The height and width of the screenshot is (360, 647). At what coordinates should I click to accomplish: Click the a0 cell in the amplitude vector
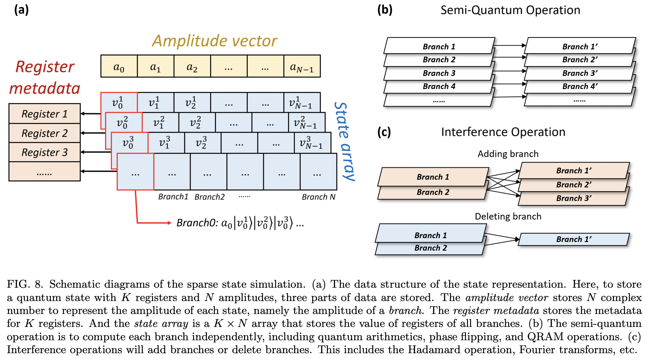119,66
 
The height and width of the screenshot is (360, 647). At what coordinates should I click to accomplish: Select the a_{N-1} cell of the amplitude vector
302,66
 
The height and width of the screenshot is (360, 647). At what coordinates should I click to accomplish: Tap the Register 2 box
45,133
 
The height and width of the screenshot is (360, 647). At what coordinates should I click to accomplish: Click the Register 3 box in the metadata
45,152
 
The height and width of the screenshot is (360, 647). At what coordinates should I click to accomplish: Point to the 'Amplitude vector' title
214,41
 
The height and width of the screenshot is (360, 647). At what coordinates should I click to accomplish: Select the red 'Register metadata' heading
44,77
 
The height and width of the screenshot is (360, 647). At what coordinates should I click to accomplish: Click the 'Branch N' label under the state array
318,197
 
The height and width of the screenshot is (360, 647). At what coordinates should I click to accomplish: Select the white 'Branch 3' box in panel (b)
439,73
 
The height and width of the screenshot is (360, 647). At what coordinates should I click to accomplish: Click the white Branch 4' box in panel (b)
580,87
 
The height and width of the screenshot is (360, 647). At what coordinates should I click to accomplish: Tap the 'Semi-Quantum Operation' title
510,10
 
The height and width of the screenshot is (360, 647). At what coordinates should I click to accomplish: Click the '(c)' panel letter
384,132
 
